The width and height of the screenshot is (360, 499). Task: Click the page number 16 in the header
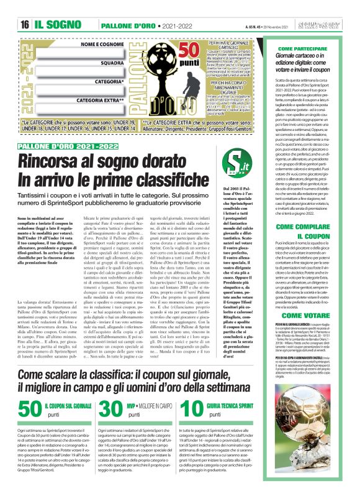tap(25, 24)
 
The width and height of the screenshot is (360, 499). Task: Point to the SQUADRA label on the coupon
tap(111, 63)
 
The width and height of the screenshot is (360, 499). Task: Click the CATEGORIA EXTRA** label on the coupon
tap(102, 99)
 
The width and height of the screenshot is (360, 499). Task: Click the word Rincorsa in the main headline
tap(53, 161)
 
